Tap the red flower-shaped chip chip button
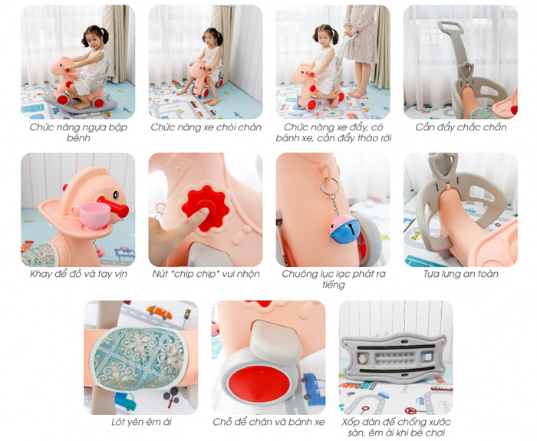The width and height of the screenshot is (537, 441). coord(206,208)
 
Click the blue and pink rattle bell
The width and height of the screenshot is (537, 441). coord(344,229)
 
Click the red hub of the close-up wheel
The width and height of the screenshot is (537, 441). coord(259,383)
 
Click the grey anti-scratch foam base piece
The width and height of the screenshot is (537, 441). coord(394,358)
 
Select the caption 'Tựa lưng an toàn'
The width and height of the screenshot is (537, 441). coord(460,274)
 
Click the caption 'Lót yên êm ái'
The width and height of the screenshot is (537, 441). coord(141,422)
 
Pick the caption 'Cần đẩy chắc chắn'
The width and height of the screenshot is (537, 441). coord(460,127)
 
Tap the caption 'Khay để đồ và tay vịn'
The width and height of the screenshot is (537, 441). coord(78,274)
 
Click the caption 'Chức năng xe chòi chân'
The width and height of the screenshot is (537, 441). coord(206,127)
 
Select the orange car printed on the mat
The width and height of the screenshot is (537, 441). coord(159,311)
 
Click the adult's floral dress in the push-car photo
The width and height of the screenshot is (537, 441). coord(361,34)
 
